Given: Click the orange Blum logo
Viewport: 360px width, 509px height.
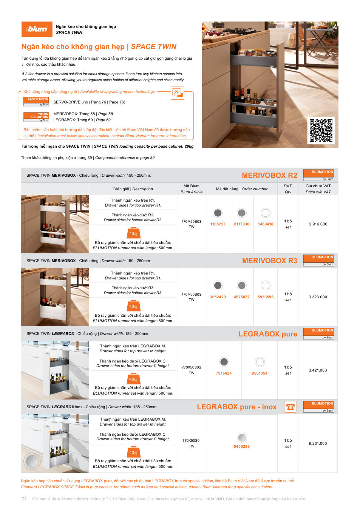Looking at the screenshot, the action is pyautogui.click(x=37, y=29).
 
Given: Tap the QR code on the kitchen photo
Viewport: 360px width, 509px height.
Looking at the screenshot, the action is pyautogui.click(x=321, y=130).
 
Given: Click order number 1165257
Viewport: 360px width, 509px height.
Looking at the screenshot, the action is pyautogui.click(x=218, y=224).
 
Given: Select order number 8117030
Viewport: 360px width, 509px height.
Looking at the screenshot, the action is pyautogui.click(x=242, y=224).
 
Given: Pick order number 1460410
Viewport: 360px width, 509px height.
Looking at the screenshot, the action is pyautogui.click(x=266, y=224).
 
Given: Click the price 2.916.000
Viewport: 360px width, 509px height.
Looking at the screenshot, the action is pyautogui.click(x=318, y=224).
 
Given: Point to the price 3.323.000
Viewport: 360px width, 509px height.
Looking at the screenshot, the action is pyautogui.click(x=318, y=297).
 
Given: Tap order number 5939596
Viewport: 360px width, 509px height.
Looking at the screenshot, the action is pyautogui.click(x=266, y=297).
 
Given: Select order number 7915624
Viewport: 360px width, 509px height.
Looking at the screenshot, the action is pyautogui.click(x=224, y=373).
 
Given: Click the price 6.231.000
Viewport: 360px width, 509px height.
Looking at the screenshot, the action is pyautogui.click(x=318, y=443).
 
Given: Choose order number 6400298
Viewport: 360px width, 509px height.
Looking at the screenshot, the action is pyautogui.click(x=242, y=447).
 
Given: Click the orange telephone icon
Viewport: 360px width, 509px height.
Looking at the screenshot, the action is pyautogui.click(x=290, y=407).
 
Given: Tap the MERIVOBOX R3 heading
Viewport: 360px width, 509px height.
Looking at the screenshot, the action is pyautogui.click(x=270, y=261).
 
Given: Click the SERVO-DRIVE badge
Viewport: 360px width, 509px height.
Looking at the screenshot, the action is pyautogui.click(x=36, y=102).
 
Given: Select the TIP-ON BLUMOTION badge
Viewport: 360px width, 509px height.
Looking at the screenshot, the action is pyautogui.click(x=36, y=117).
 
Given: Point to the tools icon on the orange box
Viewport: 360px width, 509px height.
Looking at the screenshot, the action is pyautogui.click(x=177, y=93).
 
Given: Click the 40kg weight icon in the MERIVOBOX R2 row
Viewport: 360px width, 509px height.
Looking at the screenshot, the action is pyautogui.click(x=133, y=233).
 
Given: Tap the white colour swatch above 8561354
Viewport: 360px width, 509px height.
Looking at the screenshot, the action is pyautogui.click(x=260, y=362).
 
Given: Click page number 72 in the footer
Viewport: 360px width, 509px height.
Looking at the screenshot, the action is pyautogui.click(x=24, y=499).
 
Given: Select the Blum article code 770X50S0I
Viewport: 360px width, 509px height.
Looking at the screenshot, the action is pyautogui.click(x=192, y=441).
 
